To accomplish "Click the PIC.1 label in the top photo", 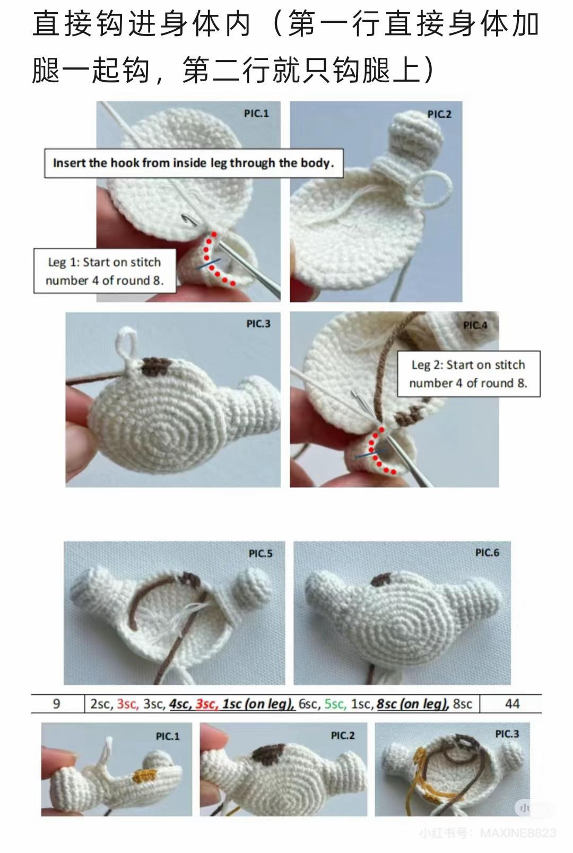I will pos(256,113).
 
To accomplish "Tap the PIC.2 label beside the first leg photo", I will pos(439,114).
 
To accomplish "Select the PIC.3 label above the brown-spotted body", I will pos(258,324).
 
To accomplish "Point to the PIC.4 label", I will pos(475,325).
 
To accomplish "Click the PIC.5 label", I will pos(261,553).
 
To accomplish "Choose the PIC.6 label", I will pos(487,553).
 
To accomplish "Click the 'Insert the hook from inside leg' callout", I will pos(194,163).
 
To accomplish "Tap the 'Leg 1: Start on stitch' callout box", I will pos(105,271).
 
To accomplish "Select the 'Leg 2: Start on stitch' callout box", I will pos(468,373).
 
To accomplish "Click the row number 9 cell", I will pos(57,704).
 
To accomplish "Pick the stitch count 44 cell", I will pos(512,704).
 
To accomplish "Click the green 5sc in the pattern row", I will pos(335,704).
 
